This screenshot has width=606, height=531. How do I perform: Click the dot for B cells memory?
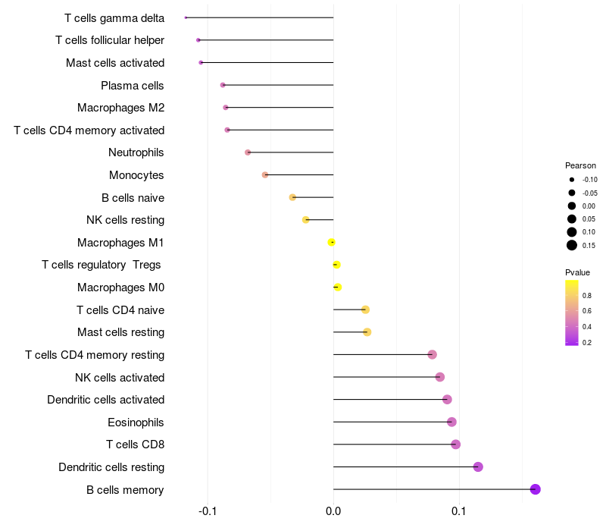535,489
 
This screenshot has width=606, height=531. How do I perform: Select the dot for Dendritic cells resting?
478,467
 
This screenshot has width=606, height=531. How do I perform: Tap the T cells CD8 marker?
455,445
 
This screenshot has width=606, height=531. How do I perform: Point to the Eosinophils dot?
451,422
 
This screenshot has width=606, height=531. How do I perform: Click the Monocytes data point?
264,174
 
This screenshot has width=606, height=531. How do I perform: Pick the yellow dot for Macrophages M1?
331,242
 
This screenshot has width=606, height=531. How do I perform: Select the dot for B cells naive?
292,197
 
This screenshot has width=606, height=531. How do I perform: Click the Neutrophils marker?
248,152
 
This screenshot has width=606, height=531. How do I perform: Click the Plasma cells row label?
133,85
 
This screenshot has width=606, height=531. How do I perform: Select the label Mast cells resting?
120,332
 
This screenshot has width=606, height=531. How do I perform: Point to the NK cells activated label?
120,377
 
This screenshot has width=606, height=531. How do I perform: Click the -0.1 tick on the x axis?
208,512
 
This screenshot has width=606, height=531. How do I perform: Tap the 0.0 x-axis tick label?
333,512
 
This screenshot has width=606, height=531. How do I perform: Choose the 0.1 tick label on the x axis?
458,512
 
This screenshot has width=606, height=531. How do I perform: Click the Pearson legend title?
580,165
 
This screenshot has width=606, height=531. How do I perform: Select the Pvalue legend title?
577,272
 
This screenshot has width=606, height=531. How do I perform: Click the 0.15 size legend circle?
572,245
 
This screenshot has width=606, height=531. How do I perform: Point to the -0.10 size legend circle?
572,180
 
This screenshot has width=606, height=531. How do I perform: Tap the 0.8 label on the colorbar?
587,295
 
